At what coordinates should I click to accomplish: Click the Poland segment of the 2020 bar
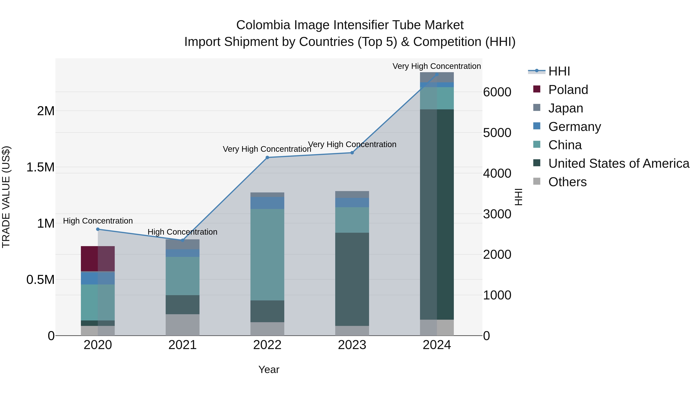pos(98,258)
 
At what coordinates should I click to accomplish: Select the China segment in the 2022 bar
pos(267,254)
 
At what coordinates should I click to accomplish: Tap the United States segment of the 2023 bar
pos(352,279)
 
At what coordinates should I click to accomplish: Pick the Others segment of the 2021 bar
pos(182,325)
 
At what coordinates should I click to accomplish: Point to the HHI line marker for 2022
pos(267,157)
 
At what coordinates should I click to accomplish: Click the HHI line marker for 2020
pos(98,229)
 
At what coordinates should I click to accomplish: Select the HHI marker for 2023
pos(352,153)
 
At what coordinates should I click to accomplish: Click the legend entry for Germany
pos(574,127)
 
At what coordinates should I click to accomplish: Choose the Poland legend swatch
pos(537,89)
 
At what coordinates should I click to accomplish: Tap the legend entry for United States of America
pos(619,163)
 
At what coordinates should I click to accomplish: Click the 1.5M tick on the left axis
pos(40,167)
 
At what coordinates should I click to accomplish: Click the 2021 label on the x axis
pos(182,345)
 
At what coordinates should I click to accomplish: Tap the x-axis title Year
pos(269,369)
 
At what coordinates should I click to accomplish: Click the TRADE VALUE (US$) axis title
pos(6,197)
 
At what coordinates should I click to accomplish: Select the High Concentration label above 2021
pos(182,232)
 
